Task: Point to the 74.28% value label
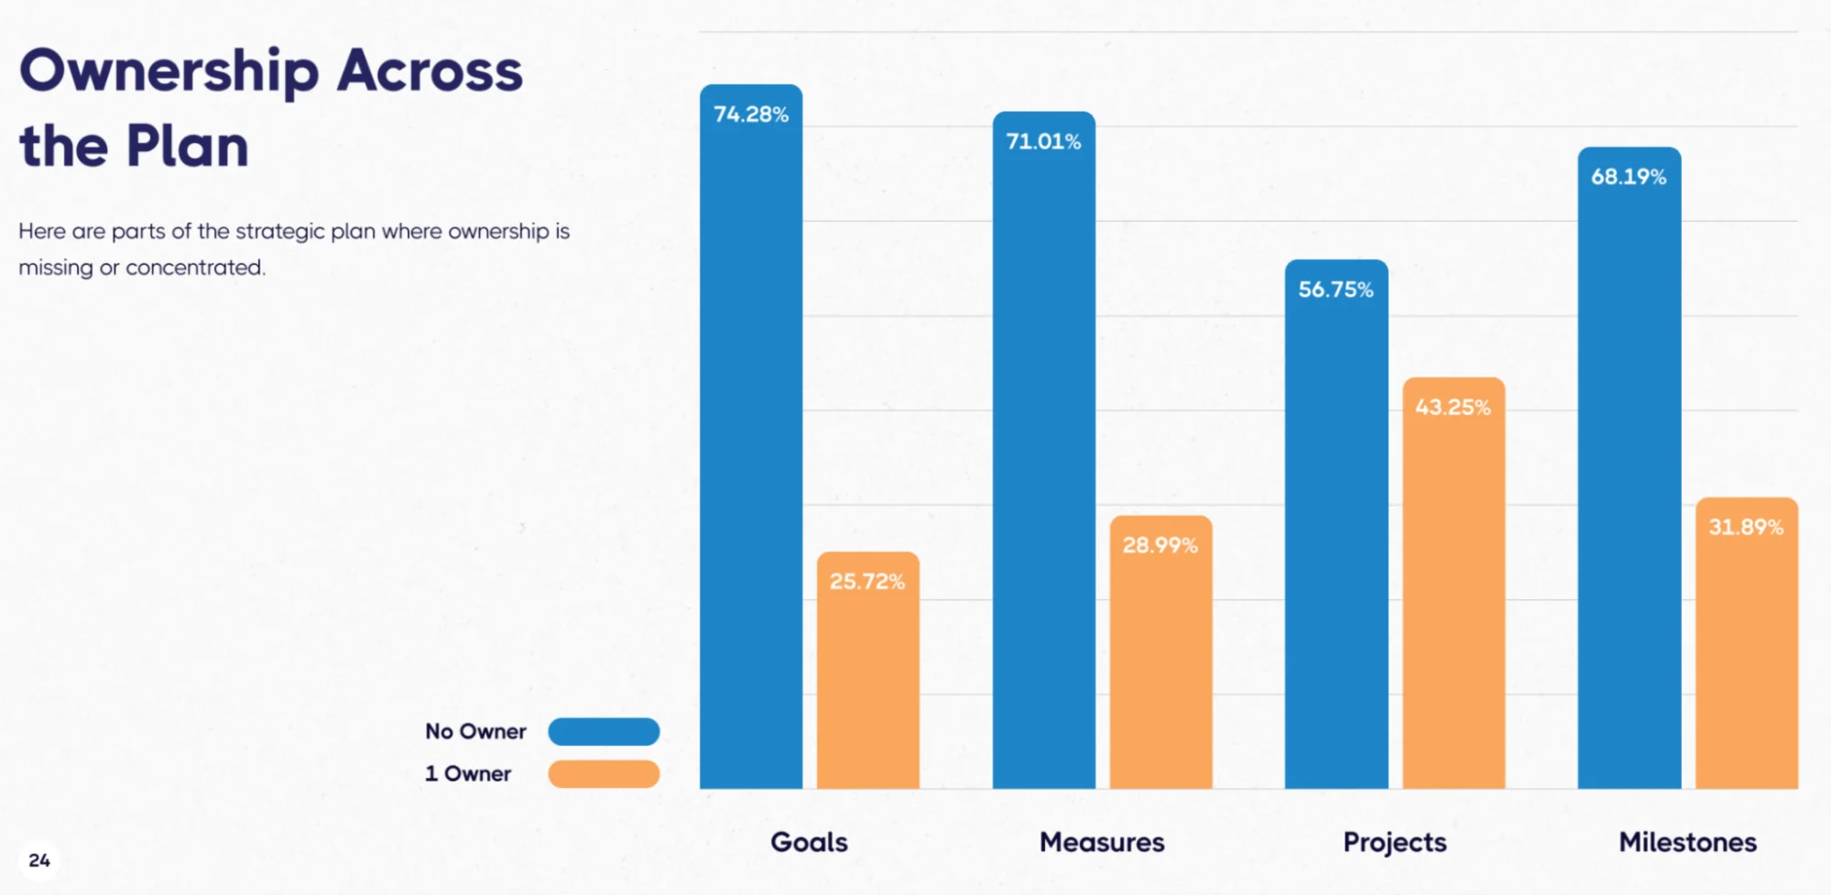751,115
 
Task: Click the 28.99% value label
1160,546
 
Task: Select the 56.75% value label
1335,290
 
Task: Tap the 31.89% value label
1746,528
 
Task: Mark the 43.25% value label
1453,408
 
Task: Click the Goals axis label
809,842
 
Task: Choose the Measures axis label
1102,842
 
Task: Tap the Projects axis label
1394,842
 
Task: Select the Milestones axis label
1687,842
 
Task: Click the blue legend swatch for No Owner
604,731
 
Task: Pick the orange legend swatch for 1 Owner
604,773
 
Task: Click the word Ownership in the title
169,72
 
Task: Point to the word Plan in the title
187,147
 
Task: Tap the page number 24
39,860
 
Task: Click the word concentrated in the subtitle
194,268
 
